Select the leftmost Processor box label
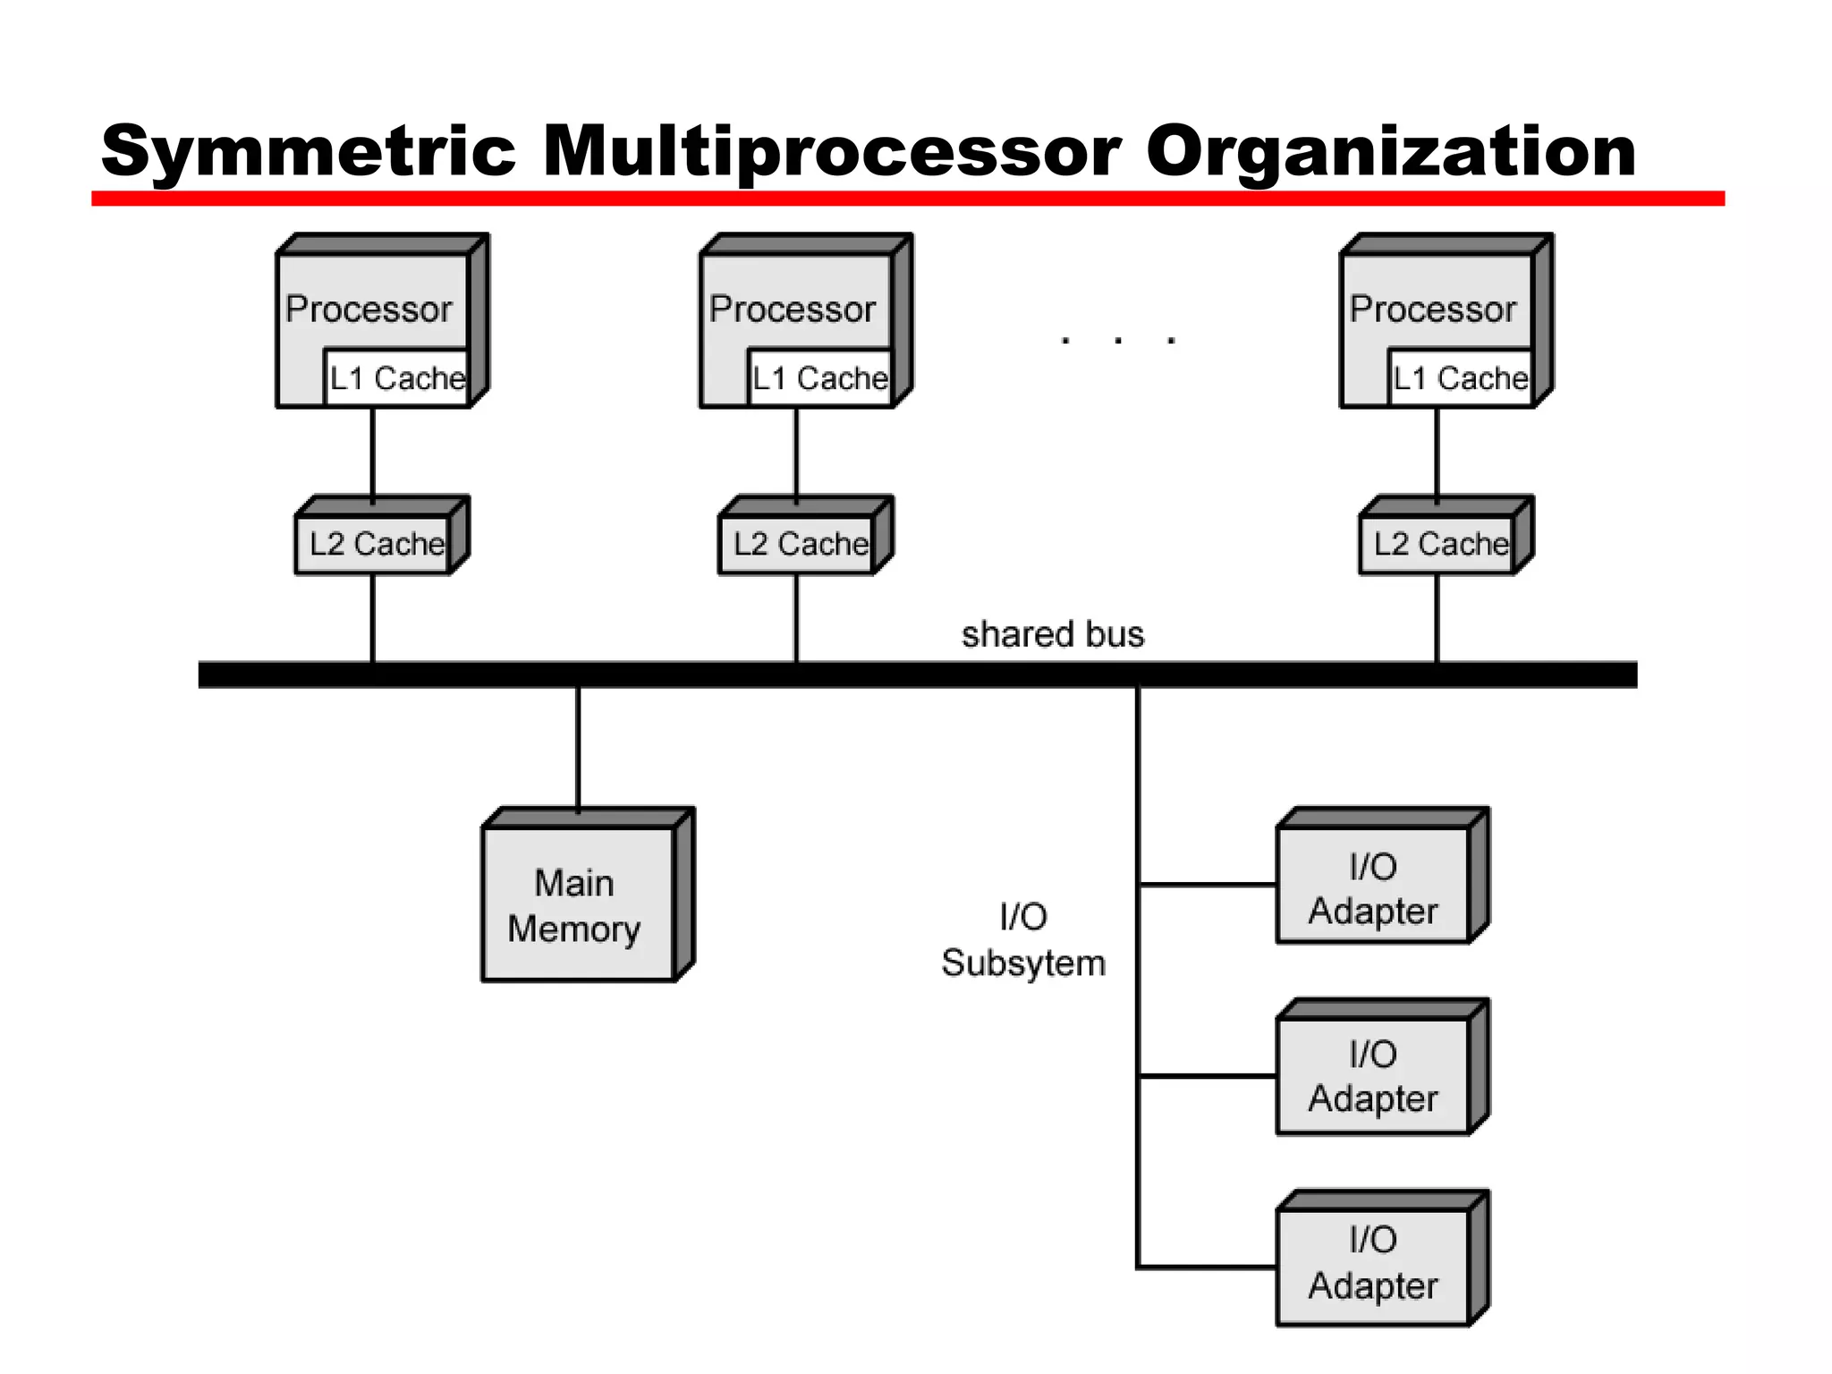click(369, 309)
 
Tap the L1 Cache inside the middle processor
click(819, 378)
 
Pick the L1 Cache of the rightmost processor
click(1460, 378)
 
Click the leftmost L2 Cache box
click(376, 544)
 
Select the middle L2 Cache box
click(800, 544)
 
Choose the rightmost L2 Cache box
click(1440, 544)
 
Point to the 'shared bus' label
click(1052, 634)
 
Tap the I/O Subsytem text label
click(1023, 940)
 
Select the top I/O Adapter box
click(1373, 887)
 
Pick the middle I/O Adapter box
click(1373, 1076)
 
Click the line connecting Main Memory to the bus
click(578, 747)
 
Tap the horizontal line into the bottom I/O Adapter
click(1208, 1268)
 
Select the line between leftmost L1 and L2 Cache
click(373, 452)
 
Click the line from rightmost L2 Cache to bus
click(1437, 617)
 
